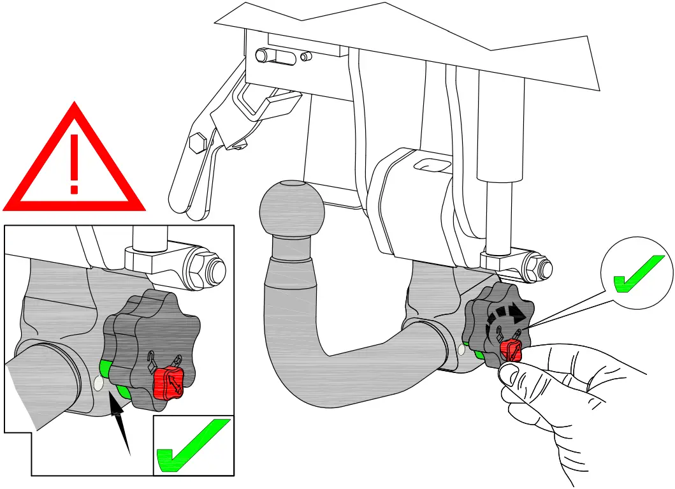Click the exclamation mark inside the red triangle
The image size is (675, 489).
(75, 162)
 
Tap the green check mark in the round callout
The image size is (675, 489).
(637, 274)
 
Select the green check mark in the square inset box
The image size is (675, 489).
(194, 447)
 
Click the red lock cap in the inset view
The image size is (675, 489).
(168, 382)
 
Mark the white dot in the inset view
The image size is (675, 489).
(98, 383)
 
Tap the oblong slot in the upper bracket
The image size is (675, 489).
(275, 56)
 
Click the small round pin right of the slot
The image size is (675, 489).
(305, 57)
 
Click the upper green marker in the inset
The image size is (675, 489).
(104, 367)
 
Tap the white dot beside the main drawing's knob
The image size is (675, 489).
(461, 349)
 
